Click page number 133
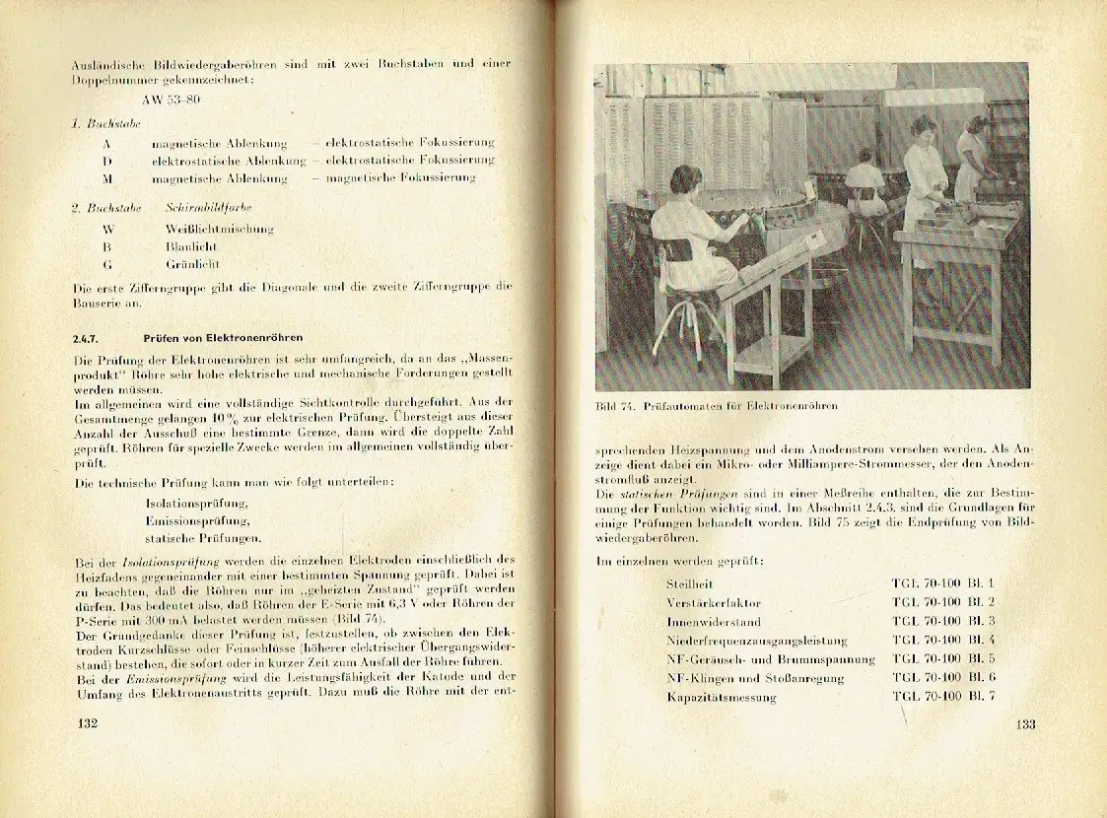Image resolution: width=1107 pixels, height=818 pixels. click(1026, 726)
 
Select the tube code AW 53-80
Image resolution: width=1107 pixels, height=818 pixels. click(179, 100)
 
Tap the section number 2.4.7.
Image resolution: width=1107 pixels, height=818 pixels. click(88, 338)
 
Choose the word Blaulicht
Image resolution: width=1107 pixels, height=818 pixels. click(191, 246)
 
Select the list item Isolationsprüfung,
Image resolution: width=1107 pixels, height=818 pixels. click(196, 503)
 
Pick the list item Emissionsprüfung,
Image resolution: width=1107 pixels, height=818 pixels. click(196, 520)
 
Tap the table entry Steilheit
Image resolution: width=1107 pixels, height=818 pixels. click(691, 584)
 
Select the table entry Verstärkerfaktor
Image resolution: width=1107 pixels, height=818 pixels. click(714, 602)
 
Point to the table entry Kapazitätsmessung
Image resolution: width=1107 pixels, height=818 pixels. click(721, 697)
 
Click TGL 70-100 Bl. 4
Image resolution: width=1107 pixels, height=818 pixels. click(943, 640)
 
